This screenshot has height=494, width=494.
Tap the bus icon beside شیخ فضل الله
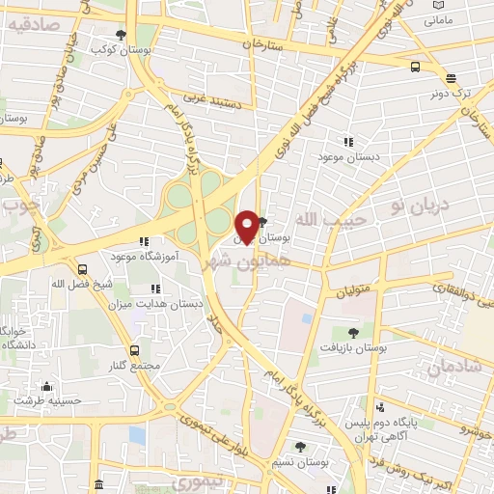click(83, 269)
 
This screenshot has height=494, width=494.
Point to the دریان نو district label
click(415, 206)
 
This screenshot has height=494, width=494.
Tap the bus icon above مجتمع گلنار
click(133, 350)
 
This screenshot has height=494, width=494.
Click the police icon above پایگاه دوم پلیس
click(380, 406)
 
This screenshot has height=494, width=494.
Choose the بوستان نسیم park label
click(301, 464)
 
